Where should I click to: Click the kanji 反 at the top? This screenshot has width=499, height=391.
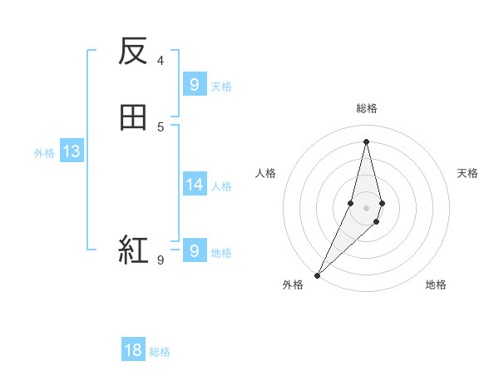pos(133,52)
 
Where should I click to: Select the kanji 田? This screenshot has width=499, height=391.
pos(133,118)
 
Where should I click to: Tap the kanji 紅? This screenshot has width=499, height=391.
pos(133,249)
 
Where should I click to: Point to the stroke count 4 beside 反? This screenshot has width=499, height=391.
pos(161,60)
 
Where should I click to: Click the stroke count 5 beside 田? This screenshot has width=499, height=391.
pos(161,126)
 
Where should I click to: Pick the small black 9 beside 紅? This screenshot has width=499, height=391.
pos(161,260)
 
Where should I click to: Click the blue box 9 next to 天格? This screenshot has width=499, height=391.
pos(194,84)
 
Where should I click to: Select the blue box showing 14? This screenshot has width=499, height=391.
pos(194,185)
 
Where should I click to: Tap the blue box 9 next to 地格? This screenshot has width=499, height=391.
pos(194,250)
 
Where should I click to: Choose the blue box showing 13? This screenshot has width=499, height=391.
pos(71,151)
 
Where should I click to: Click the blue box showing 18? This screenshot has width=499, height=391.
pos(133,350)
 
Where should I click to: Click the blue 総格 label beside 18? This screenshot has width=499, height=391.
pos(160,352)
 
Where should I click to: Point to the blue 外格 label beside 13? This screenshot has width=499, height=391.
pos(44,153)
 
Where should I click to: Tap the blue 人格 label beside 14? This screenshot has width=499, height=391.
pos(222,186)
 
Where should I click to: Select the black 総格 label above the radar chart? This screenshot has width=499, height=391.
pos(366,108)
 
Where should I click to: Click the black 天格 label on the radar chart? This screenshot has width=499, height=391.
pos(467,173)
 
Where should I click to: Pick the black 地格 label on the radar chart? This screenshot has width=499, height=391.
pos(436,285)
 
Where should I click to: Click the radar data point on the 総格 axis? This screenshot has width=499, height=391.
pos(366,141)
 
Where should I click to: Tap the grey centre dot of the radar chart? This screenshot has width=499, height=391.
pos(366,208)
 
